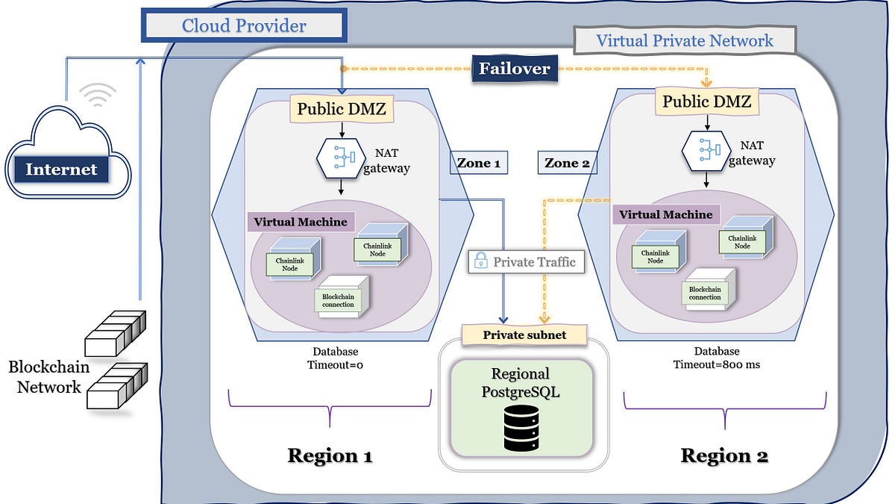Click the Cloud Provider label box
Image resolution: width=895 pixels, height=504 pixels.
coord(243,26)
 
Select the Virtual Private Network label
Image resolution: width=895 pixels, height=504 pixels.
coord(684,41)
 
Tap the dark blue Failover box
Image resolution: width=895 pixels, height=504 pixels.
coord(515,69)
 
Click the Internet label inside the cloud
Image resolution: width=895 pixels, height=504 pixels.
coord(61,169)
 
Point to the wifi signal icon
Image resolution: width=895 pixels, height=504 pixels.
coord(98,95)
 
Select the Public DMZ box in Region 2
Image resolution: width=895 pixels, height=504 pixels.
coord(706,101)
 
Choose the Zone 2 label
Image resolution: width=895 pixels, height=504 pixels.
coord(568,163)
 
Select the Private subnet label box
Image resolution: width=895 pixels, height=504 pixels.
coord(524,335)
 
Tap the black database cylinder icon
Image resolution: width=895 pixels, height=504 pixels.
coord(521,427)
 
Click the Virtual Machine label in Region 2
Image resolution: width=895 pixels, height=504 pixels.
coord(666,215)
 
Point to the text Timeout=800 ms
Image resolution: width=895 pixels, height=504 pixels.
coord(716,365)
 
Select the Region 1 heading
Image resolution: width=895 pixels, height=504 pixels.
coord(330,455)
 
